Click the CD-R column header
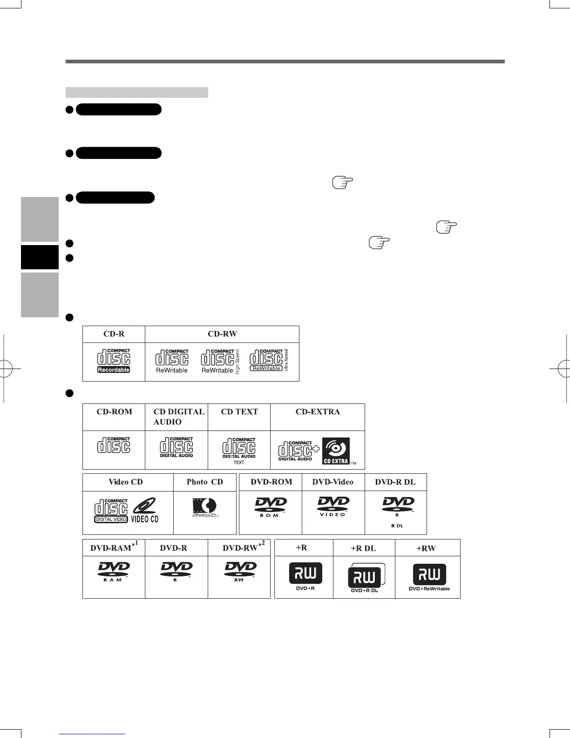114,334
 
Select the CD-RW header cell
222,334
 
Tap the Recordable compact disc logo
114,361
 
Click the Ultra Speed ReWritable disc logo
269,361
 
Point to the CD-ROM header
114,412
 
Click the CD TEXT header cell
239,412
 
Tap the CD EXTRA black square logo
336,451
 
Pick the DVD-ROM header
271,482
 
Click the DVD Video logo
333,506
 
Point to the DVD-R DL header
395,482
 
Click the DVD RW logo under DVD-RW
239,572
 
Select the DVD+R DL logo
365,578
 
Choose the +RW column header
426,548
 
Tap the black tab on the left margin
40,257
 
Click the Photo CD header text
205,482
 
